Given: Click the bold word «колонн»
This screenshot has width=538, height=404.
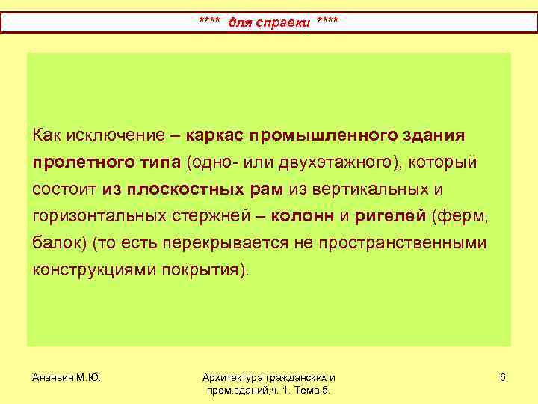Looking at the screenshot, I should (x=303, y=216).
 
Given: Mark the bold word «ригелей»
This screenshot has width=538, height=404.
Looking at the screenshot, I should (x=390, y=216).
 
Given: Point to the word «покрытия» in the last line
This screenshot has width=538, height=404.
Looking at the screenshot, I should (x=206, y=270).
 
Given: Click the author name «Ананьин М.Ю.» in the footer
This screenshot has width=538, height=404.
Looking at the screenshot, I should (x=66, y=378).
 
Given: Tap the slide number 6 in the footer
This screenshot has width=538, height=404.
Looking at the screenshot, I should (x=503, y=378).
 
